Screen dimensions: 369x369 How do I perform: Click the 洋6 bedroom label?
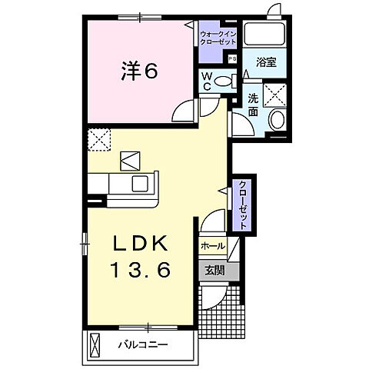pos(138,71)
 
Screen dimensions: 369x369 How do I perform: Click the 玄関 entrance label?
pos(214,270)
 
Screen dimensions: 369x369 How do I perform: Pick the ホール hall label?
pos(212,246)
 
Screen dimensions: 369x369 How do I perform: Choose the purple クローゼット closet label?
pos(242,204)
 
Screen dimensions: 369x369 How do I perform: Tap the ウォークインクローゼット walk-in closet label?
pos(218,38)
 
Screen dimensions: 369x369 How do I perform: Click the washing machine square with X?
pos(275,94)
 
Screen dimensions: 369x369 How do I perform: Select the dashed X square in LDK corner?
pos(98,139)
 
